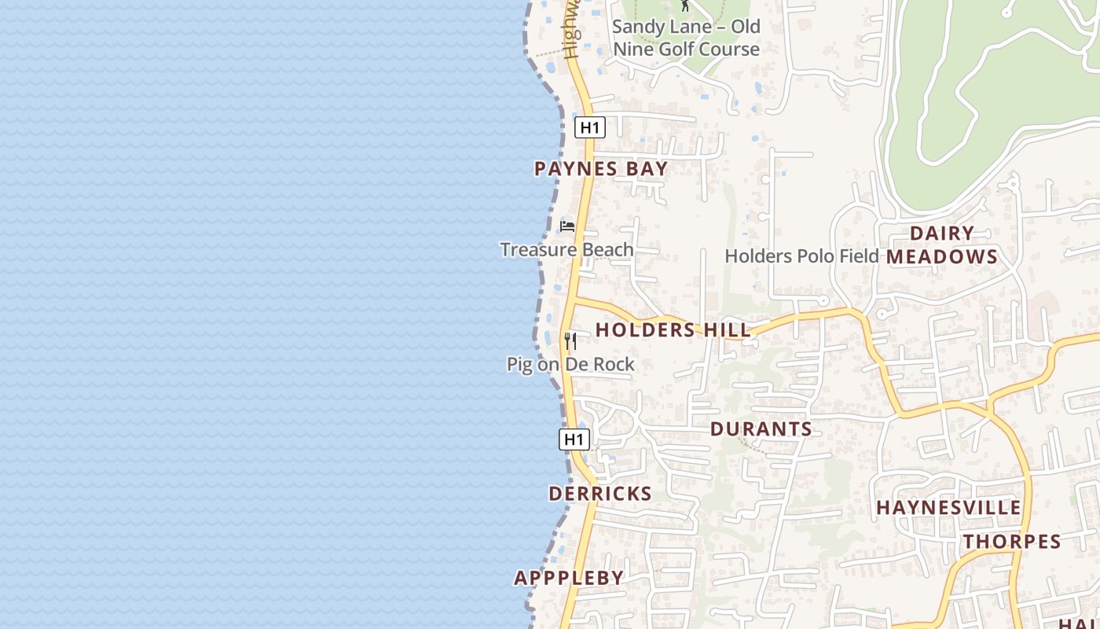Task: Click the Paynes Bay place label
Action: click(601, 169)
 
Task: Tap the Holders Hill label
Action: click(673, 330)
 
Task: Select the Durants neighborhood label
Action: click(761, 429)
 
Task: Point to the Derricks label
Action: click(600, 494)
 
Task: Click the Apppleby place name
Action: click(569, 578)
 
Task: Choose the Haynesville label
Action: click(948, 508)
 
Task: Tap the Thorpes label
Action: click(1012, 542)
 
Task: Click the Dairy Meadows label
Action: click(942, 245)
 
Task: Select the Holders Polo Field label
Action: click(801, 256)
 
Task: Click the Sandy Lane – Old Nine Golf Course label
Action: click(686, 38)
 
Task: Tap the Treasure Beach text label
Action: click(566, 250)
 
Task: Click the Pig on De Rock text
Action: click(570, 365)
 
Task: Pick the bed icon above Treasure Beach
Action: click(567, 226)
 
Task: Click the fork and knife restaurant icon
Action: click(570, 340)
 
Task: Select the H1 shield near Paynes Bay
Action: click(589, 127)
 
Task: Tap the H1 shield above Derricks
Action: click(574, 440)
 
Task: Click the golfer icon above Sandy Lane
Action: click(685, 6)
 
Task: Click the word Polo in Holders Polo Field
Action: click(814, 256)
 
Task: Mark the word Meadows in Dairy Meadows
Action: click(942, 257)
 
